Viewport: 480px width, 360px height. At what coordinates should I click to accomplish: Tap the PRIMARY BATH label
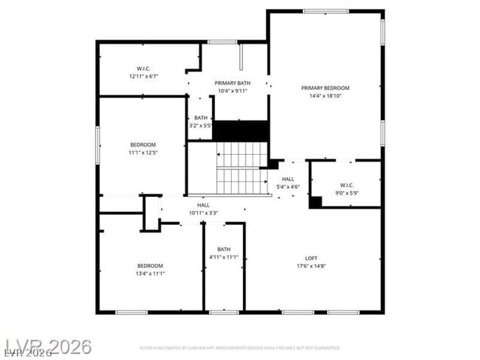[233, 83]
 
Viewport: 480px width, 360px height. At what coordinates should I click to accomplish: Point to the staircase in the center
[241, 166]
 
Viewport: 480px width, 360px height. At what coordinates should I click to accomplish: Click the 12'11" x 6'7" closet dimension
[143, 76]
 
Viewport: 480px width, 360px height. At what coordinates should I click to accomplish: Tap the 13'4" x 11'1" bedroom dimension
[150, 274]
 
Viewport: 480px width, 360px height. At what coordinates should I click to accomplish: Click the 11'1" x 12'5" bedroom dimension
[143, 152]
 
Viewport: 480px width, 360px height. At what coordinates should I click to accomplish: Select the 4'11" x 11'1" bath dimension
[224, 257]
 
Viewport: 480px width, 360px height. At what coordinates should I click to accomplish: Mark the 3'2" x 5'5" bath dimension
[201, 125]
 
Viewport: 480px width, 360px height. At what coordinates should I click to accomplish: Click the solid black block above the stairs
[240, 131]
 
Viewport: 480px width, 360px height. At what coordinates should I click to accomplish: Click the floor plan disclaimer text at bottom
[239, 347]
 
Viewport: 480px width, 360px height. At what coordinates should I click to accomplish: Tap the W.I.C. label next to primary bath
[143, 69]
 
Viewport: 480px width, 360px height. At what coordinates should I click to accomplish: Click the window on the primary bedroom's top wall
[326, 11]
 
